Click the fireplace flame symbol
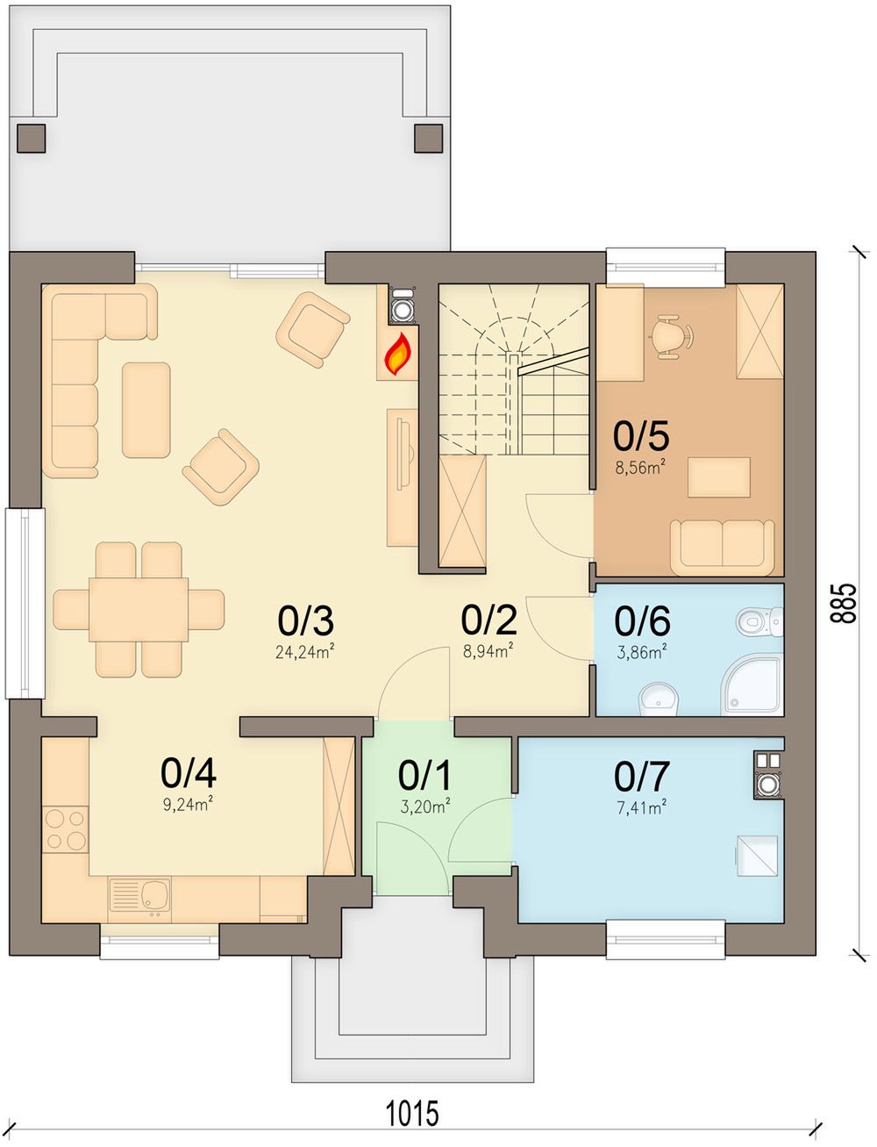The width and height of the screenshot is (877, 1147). coord(398,354)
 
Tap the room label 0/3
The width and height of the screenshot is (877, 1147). coord(306,620)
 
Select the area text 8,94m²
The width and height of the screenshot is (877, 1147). coord(488,651)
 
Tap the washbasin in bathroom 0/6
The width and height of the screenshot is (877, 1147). coord(659,699)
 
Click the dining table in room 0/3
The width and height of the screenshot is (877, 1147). coord(139,609)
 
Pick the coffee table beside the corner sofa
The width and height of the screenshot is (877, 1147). coord(146,410)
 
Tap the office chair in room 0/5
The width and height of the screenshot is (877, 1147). coord(671,336)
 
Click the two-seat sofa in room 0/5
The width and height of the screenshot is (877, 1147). coord(723,547)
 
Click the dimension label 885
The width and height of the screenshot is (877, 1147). coord(844,603)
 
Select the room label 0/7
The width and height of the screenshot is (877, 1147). coord(642,777)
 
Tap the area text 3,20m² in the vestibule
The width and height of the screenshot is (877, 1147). coord(425,806)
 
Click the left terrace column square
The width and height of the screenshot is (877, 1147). coord(32,139)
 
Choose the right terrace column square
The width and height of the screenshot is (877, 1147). coord(429,139)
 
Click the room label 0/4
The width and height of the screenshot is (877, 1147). coord(189,773)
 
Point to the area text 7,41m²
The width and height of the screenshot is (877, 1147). coord(642,808)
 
